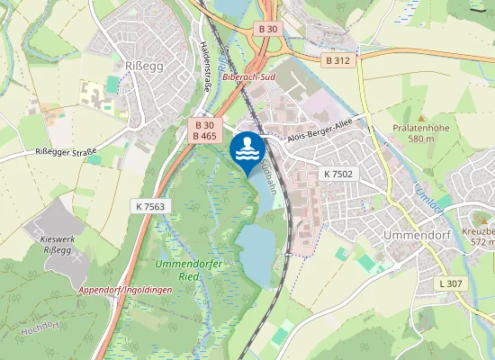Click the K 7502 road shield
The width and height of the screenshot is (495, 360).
point(338,173)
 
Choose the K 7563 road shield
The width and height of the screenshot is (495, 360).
point(151,206)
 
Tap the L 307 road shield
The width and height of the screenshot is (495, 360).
point(451,283)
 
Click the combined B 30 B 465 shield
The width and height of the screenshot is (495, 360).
point(204,130)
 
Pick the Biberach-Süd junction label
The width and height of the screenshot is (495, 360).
point(249,77)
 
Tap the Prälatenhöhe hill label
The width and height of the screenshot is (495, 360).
point(421,128)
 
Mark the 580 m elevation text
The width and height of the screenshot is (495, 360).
point(421,139)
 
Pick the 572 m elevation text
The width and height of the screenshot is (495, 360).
point(483,242)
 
